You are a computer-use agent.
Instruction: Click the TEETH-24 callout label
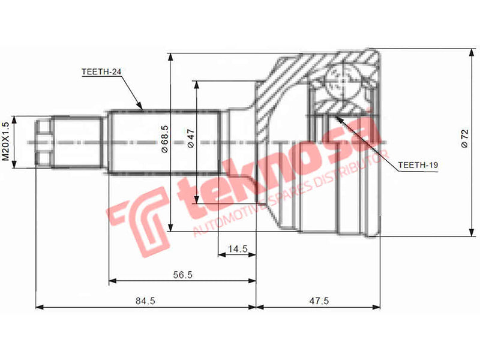coord(101,71)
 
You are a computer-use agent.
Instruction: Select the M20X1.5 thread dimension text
coord(7,142)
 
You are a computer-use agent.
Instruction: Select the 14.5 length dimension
coord(237,248)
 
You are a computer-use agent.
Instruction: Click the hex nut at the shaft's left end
coord(43,142)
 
